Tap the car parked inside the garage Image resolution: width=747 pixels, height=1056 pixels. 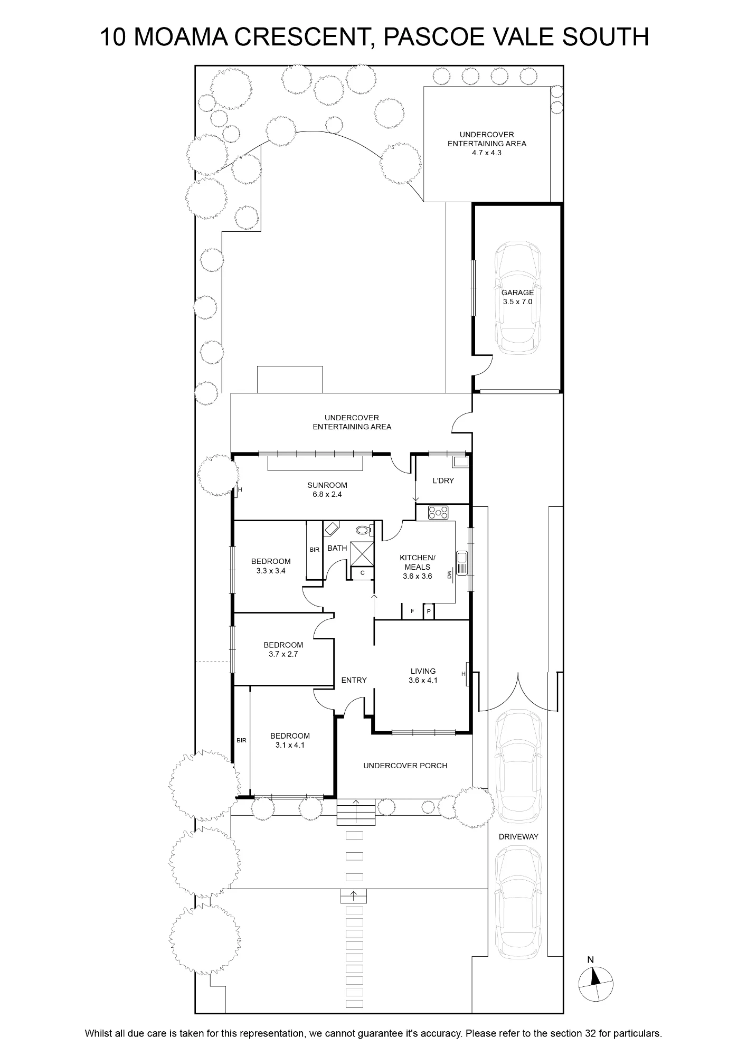coord(517,297)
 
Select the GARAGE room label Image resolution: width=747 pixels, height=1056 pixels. coord(517,293)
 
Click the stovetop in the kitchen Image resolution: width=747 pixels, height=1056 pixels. coord(438,512)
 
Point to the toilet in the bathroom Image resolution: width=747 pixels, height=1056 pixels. coord(363,530)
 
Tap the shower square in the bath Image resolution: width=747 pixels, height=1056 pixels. coord(362,553)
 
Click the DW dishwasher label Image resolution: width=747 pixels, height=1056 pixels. coord(450,574)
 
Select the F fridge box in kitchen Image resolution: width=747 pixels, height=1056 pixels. coord(412,611)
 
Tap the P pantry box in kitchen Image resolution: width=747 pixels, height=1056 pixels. coord(429,611)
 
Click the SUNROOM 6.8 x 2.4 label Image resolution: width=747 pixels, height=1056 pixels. coord(327,490)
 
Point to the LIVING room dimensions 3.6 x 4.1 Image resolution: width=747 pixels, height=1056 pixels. coord(423,681)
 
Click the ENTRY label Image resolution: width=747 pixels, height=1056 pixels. coord(354,680)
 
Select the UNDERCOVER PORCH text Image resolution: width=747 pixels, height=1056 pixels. coord(405,766)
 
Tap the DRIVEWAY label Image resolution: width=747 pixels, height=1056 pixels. coord(518,836)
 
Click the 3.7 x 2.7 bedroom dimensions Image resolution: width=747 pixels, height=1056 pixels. coord(283,654)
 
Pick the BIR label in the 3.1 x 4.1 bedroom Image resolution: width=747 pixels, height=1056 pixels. coord(241,741)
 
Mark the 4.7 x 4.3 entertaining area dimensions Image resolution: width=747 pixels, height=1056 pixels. coord(487,153)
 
